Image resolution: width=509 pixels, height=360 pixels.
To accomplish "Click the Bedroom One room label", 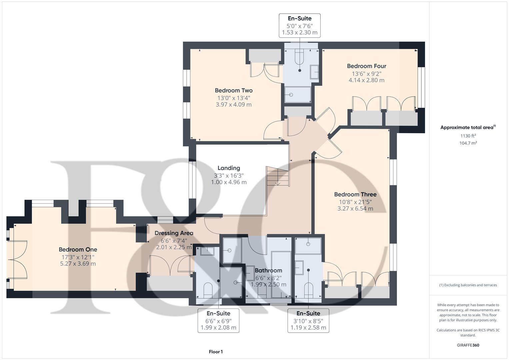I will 78,249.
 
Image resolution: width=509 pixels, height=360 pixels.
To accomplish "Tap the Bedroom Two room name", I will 233,90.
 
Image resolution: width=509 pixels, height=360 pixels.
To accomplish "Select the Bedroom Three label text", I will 355,194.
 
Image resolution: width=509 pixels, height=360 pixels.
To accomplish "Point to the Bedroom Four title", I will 366,66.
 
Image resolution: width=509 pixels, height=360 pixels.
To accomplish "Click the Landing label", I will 229,168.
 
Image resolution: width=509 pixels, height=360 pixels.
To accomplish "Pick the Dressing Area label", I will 174,233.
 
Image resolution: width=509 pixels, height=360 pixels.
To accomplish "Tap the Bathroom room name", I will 268,270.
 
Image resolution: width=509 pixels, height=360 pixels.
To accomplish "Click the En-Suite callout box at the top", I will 299,25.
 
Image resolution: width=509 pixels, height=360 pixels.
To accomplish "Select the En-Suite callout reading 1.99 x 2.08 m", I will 218,321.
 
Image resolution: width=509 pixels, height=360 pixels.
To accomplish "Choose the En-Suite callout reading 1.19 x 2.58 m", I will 308,321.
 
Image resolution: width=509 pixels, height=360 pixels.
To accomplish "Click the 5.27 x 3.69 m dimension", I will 78,264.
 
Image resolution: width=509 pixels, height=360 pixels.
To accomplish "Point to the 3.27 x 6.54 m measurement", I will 355,209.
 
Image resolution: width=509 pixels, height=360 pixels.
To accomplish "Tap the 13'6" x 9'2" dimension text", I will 366,73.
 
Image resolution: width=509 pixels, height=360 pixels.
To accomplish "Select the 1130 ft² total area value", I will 468,136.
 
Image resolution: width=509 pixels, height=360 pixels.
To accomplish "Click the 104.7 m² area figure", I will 468,143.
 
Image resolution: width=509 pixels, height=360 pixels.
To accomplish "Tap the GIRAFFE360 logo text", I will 468,345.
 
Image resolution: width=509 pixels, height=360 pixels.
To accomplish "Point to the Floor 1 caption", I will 216,352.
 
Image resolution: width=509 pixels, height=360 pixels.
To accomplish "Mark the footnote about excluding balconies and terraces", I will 468,285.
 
